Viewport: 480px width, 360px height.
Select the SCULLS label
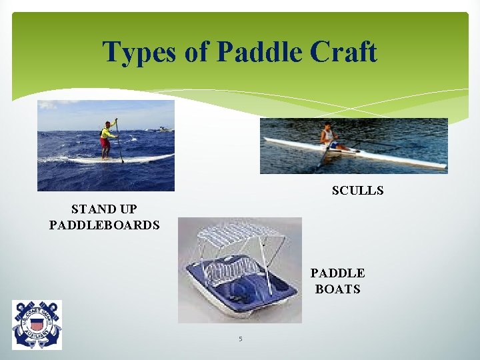(x=358, y=191)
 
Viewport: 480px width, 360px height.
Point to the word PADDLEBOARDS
(x=105, y=225)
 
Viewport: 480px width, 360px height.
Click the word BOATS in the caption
(x=338, y=289)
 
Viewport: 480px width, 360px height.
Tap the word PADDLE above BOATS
(x=338, y=273)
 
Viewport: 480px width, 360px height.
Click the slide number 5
(x=241, y=339)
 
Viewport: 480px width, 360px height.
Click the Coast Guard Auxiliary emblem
(x=37, y=324)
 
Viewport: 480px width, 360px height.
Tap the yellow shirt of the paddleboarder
(x=107, y=133)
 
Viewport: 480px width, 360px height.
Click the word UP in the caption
(x=127, y=209)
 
